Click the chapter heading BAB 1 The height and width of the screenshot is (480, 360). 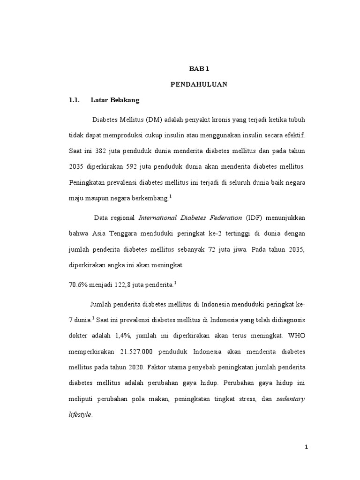click(198, 68)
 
